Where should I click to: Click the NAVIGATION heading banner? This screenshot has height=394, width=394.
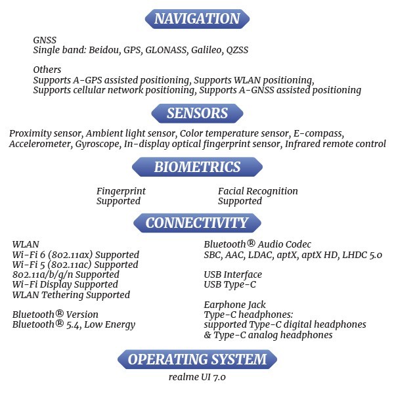point(197,19)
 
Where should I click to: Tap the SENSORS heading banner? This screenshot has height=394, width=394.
point(197,114)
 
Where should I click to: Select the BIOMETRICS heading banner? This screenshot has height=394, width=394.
point(197,167)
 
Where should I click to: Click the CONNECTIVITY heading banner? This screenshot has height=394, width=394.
point(197,223)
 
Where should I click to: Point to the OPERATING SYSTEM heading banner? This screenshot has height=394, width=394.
point(197,359)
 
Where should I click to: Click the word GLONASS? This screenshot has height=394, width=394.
point(166,50)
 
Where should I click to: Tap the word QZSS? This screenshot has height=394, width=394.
point(237,50)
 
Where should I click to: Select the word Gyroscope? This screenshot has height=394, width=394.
point(98,144)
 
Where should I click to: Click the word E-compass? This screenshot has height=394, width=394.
point(318,133)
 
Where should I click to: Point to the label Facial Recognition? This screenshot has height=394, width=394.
point(258,191)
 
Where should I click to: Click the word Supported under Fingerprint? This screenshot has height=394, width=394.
point(118,202)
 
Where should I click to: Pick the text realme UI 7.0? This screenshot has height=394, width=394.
point(197,377)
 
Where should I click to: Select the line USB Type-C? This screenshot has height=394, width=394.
point(230,285)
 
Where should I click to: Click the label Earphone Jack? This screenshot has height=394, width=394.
point(234,305)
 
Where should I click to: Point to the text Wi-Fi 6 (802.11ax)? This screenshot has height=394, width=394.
point(53,255)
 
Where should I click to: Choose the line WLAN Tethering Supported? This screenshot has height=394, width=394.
point(71,295)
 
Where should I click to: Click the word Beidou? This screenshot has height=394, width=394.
point(105,50)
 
